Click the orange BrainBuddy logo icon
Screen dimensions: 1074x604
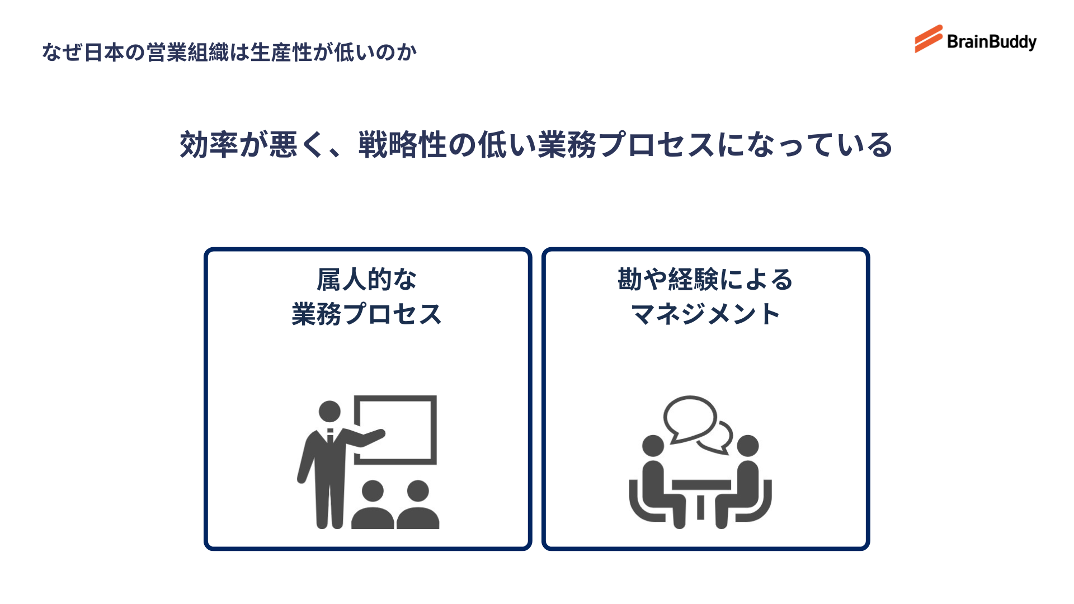point(929,39)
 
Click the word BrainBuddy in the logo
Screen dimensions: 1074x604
point(991,42)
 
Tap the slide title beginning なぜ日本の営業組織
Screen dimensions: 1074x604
point(229,53)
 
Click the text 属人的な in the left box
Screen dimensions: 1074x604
point(367,280)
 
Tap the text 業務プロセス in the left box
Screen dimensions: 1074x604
point(367,314)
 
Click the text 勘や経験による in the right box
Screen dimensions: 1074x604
point(705,280)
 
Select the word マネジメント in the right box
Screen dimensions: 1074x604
point(705,314)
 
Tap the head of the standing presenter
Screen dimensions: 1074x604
point(329,412)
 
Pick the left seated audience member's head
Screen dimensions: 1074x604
point(373,491)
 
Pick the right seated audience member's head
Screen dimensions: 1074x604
point(418,491)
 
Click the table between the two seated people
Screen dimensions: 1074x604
point(701,485)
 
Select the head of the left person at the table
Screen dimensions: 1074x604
point(653,446)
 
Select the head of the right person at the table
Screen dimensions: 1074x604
point(748,446)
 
